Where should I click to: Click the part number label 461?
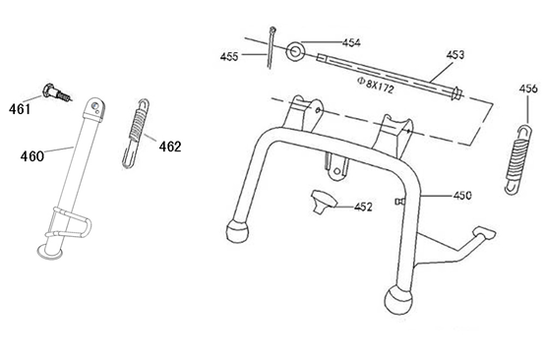(x=21, y=108)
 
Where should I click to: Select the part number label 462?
(x=169, y=147)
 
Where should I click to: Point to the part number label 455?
(x=229, y=58)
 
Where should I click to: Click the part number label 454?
(x=351, y=43)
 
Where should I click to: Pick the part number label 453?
(x=455, y=54)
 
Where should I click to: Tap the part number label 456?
(x=528, y=89)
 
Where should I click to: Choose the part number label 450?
(x=464, y=196)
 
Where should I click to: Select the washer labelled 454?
(x=292, y=49)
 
